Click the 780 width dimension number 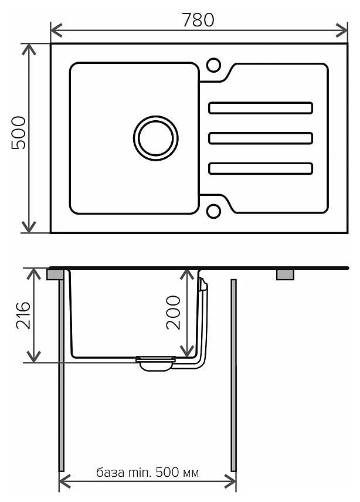click(x=198, y=20)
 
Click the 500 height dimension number click(x=19, y=133)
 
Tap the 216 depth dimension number click(x=23, y=316)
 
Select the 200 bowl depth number click(x=173, y=313)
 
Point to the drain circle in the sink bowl click(x=156, y=138)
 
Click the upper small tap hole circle click(x=213, y=65)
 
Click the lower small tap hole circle click(x=213, y=211)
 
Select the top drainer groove click(x=260, y=108)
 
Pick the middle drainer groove click(x=260, y=138)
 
